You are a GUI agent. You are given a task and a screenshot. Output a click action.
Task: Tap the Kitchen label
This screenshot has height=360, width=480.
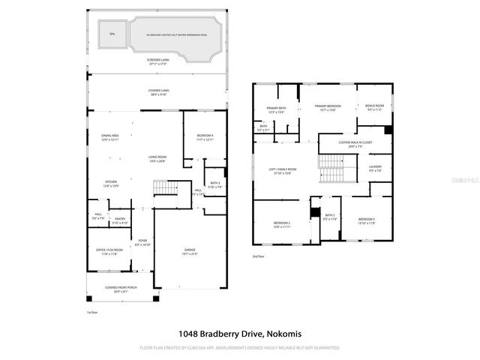[110, 183]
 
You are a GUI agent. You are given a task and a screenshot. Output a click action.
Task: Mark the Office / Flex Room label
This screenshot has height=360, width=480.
[109, 251]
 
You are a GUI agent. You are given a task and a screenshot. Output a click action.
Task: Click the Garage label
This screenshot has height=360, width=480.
[189, 251]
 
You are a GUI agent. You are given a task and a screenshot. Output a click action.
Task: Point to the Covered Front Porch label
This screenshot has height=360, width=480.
[121, 289]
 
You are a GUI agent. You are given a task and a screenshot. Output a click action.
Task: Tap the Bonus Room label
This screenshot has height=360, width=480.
[375, 107]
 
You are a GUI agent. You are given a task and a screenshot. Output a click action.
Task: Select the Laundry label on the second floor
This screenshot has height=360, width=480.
[375, 168]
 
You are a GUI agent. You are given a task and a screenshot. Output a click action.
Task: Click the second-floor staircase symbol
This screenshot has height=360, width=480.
[331, 168]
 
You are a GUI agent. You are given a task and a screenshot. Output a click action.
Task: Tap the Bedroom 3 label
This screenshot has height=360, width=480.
[367, 220]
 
